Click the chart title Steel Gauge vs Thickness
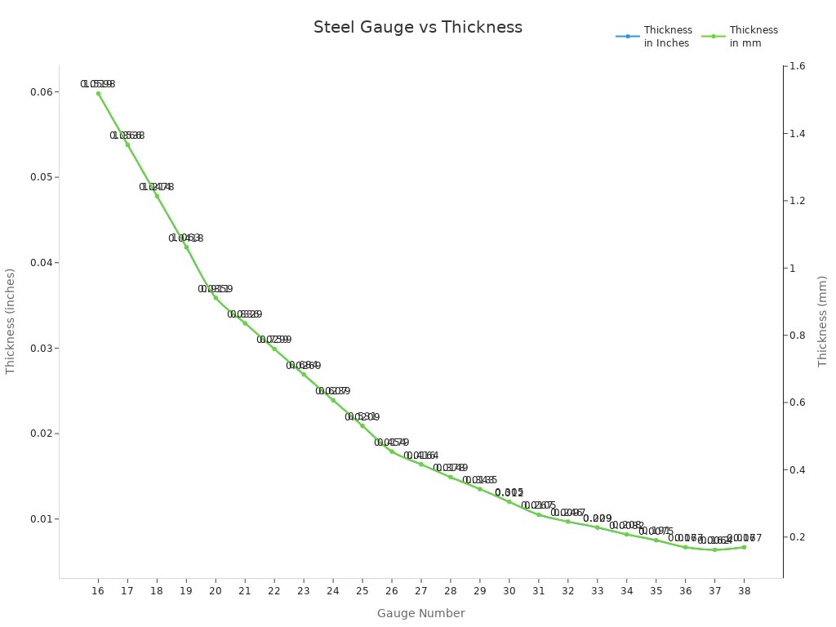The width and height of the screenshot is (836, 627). coord(417,27)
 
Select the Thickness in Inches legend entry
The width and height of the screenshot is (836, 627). coord(653,37)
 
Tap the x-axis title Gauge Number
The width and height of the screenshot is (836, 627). coord(420,613)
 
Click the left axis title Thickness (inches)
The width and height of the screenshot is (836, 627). coord(11,321)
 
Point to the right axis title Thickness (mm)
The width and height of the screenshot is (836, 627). coord(822,321)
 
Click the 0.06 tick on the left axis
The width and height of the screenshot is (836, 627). coord(40,92)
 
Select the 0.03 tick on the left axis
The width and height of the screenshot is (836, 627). coord(40,349)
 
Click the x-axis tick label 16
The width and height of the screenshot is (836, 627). coord(98,590)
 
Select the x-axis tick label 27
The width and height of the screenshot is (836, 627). coord(421,590)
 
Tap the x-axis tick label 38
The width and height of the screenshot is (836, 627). coord(744,590)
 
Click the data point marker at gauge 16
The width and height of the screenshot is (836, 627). coord(98,93)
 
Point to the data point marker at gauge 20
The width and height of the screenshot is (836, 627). coord(216,297)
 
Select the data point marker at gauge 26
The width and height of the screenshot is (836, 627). coord(392,451)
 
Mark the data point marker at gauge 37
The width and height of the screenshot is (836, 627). coord(714,549)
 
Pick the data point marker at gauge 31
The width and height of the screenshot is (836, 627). coord(538,514)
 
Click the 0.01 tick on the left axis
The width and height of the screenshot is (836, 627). coord(40,519)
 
